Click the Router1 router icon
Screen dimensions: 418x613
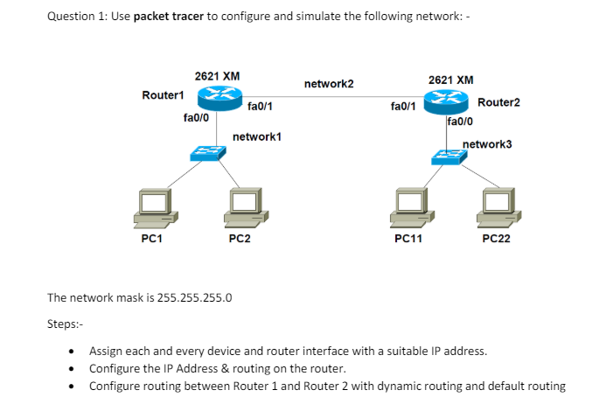pos(217,97)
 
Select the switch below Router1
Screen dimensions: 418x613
pos(207,154)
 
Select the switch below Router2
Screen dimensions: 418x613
pos(449,157)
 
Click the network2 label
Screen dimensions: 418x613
pos(329,84)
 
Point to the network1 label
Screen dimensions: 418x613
pos(257,137)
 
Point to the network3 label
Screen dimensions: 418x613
pos(487,143)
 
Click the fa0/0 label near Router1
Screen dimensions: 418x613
pos(195,116)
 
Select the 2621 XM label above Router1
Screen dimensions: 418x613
pos(217,76)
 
